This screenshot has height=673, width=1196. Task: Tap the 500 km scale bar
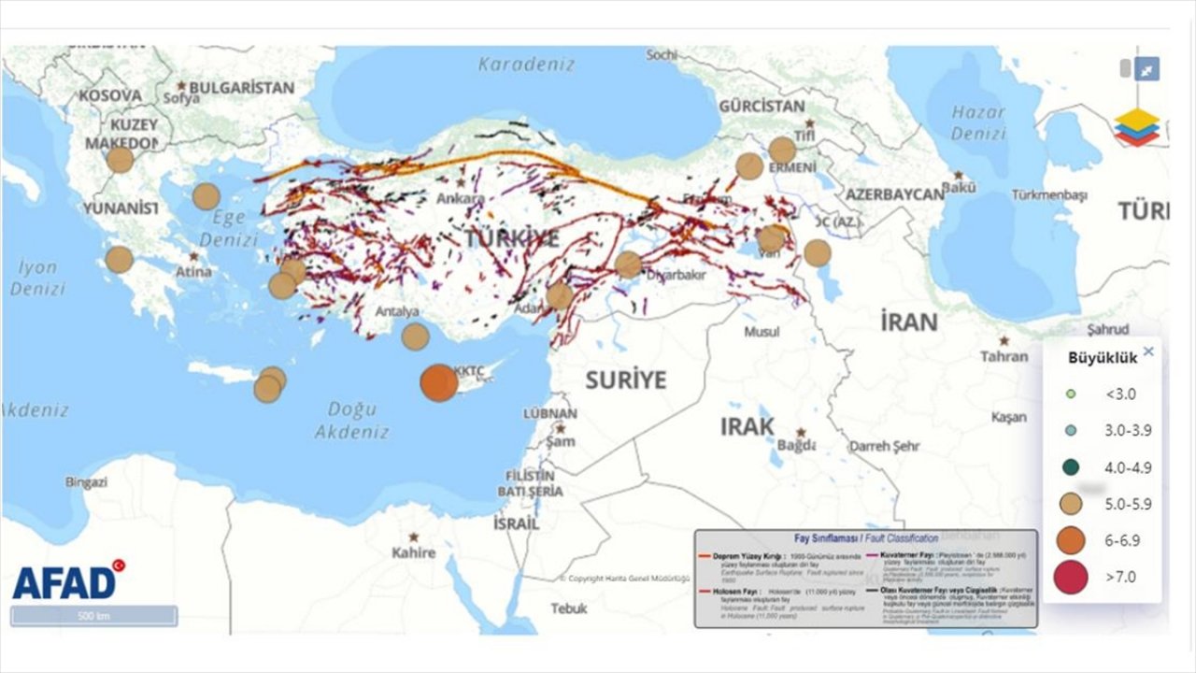click(x=93, y=616)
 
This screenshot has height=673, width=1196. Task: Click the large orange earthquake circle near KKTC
click(x=439, y=383)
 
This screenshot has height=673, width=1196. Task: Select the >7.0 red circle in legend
click(x=1071, y=577)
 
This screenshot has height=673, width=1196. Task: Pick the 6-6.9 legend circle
click(x=1071, y=540)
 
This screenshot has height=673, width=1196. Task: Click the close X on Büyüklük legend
click(x=1148, y=351)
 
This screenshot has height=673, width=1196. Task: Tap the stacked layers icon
click(x=1136, y=127)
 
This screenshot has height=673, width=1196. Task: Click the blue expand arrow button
click(x=1147, y=68)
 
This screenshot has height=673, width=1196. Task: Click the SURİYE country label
click(x=626, y=379)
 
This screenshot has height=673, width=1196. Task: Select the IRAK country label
click(x=747, y=426)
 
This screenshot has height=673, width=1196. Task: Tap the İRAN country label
click(x=908, y=322)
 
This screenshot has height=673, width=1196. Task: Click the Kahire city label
click(x=414, y=552)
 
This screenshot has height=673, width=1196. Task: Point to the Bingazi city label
click(x=86, y=482)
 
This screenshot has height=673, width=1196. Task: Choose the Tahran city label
click(x=1004, y=356)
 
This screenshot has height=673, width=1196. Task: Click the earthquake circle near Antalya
click(x=415, y=336)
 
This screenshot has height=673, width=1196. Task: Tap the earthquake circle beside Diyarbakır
click(x=628, y=265)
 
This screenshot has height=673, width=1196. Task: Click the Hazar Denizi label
click(x=978, y=122)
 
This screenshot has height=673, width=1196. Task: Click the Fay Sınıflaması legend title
click(x=865, y=539)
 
